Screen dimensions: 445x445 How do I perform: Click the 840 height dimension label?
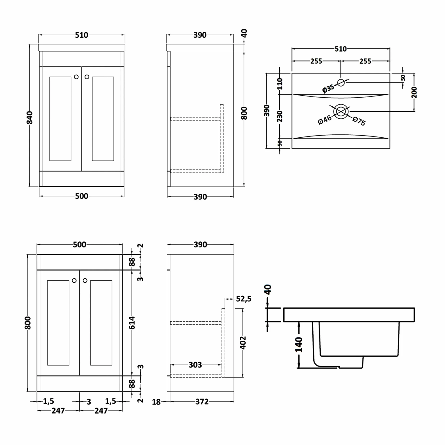point(30,117)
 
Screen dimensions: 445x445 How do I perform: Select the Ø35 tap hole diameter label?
point(328,88)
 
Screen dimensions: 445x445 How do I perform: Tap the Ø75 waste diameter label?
point(359,121)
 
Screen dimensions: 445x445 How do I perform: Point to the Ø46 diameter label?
point(325,120)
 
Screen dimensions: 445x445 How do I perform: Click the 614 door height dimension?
point(132,323)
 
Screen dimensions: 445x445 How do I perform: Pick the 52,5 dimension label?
point(244,299)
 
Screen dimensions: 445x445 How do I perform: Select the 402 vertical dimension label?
point(243,343)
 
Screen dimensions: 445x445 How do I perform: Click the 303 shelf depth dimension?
point(195,365)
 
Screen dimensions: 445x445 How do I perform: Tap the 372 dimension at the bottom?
point(202,402)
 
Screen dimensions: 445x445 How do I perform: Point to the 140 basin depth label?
point(299,344)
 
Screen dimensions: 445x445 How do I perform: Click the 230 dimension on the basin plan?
point(280,116)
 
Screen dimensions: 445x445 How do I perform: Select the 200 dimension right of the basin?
point(414,92)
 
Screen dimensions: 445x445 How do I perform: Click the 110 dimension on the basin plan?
point(280,84)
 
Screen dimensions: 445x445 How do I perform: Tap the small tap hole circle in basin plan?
point(341,82)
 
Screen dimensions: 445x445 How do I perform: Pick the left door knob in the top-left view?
point(76,77)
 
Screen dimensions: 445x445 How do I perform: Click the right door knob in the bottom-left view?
point(85,280)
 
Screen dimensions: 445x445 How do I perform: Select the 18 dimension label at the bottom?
point(156,402)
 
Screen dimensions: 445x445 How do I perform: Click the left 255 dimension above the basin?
point(316,61)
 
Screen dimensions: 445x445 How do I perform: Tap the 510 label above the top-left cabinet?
point(81,35)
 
